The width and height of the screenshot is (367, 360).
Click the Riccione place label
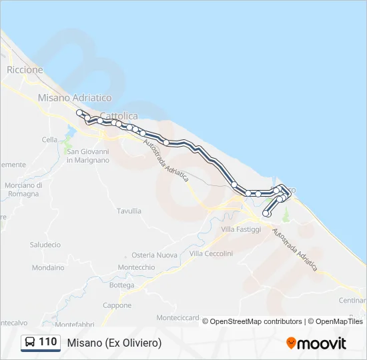(x=25, y=69)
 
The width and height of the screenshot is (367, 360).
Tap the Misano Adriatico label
(x=75, y=97)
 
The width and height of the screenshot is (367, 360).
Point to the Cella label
(x=50, y=139)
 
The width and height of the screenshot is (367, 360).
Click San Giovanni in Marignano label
(x=87, y=155)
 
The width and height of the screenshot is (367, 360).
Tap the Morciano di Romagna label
(x=23, y=189)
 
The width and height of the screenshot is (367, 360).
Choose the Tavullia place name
(x=129, y=211)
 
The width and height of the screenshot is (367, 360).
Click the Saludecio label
(x=45, y=245)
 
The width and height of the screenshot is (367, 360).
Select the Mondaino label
(x=48, y=267)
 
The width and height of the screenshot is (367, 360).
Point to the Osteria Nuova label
(x=154, y=255)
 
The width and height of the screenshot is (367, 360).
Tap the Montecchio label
(x=136, y=267)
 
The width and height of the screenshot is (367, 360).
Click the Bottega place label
(x=122, y=285)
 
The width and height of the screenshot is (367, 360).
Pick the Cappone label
(x=117, y=305)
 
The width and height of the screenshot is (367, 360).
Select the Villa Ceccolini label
(x=211, y=253)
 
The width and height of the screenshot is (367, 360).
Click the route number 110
(x=47, y=342)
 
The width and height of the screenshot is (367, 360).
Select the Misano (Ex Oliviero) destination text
(x=114, y=343)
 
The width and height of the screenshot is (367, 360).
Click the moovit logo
(x=316, y=343)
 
